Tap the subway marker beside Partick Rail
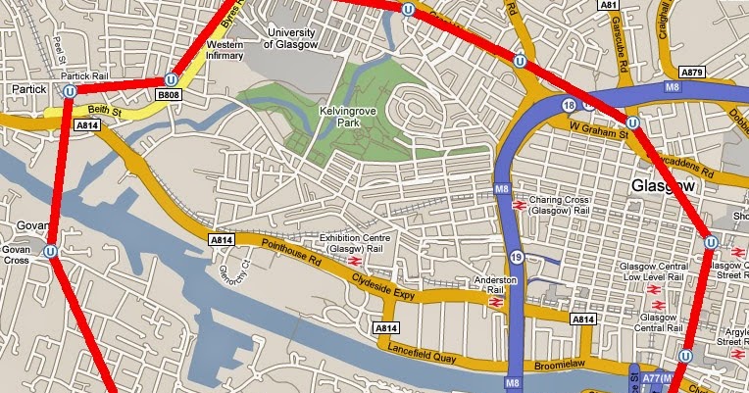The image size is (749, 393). tap(70, 90)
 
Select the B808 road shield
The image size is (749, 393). tap(170, 95)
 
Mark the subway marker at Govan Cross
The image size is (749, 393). tap(49, 252)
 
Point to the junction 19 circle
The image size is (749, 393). tap(516, 257)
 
